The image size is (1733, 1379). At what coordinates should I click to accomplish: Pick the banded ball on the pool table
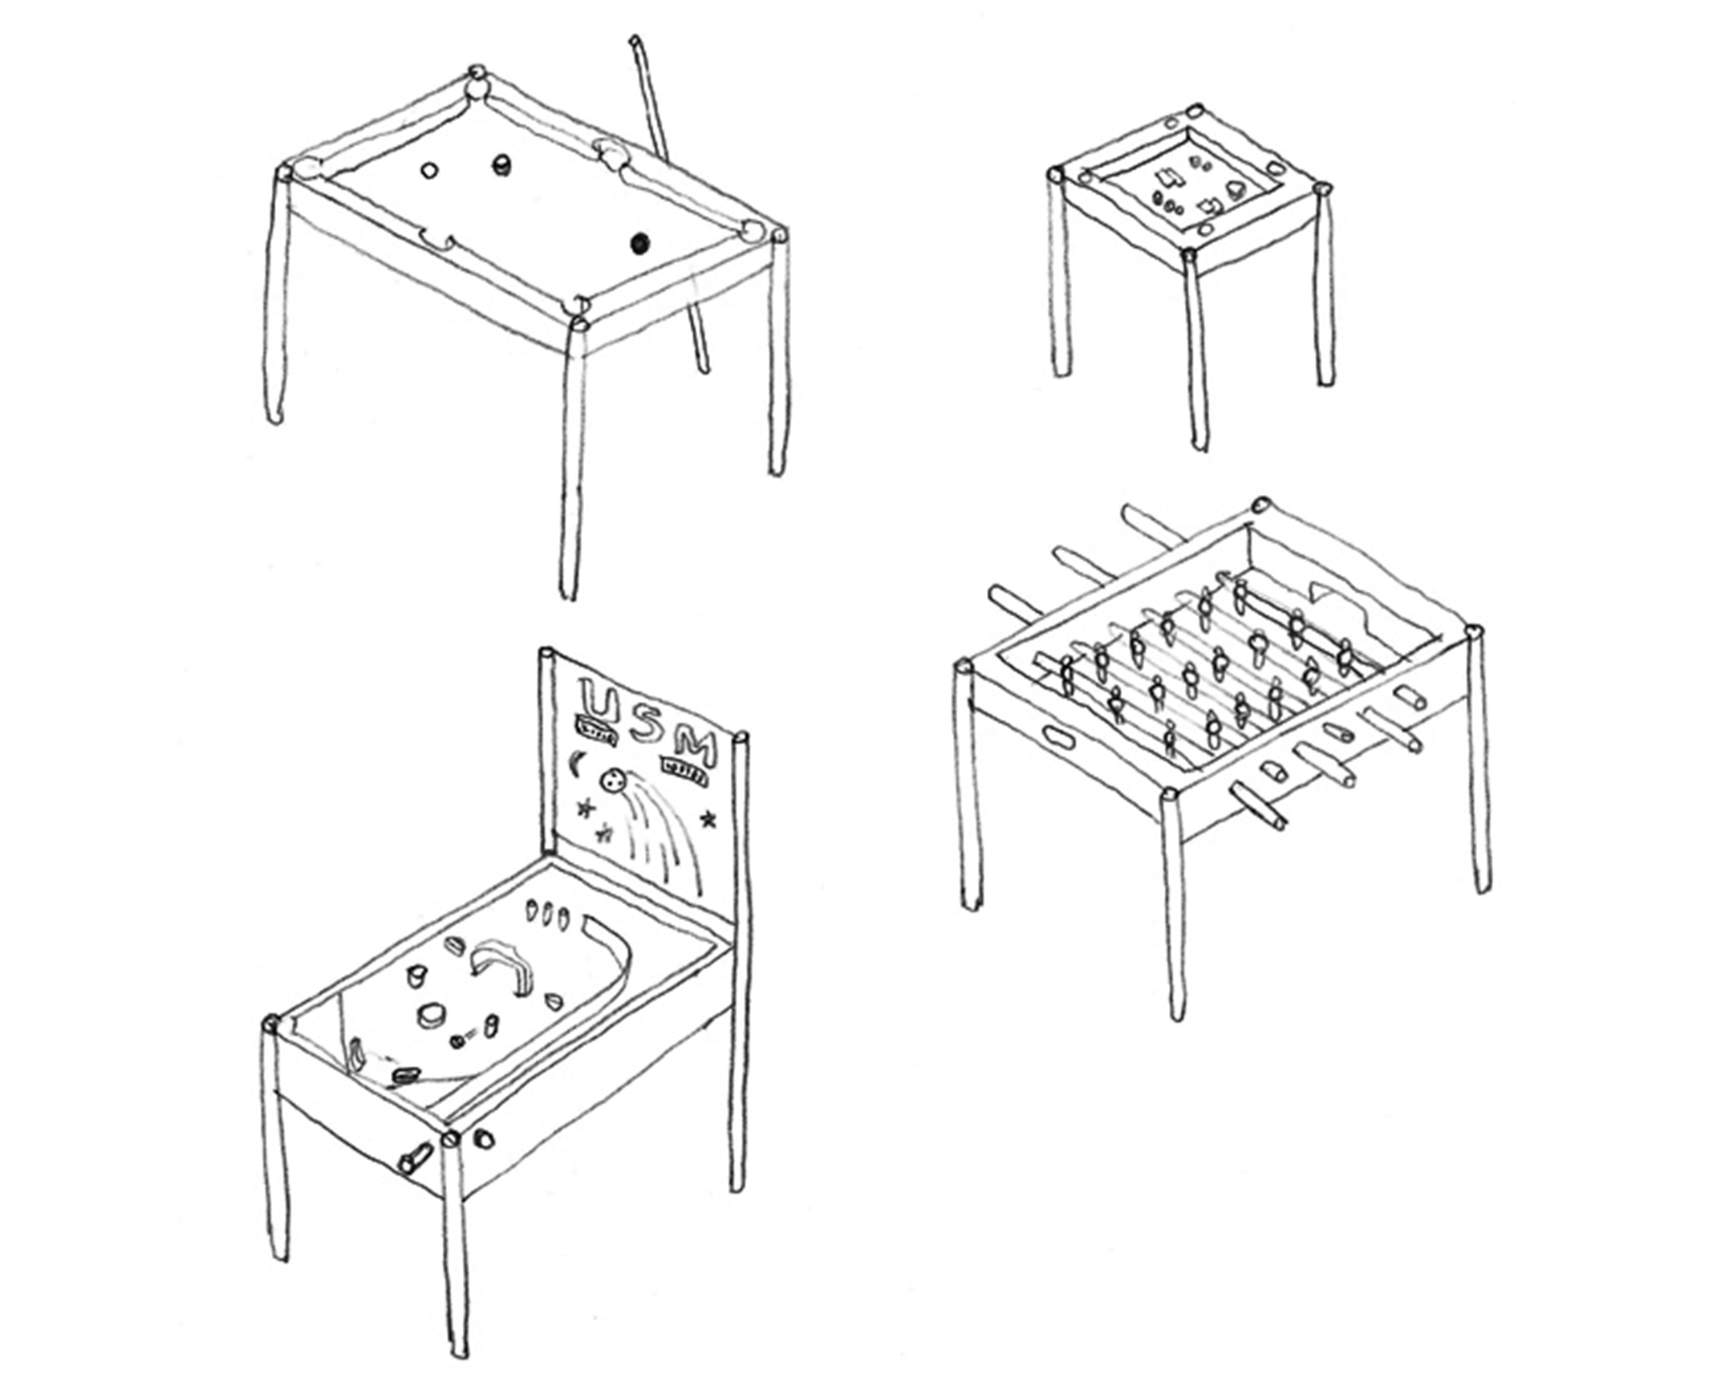point(501,165)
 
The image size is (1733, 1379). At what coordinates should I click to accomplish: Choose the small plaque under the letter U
point(595,731)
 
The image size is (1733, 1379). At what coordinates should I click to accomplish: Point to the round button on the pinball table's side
point(485,1138)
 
